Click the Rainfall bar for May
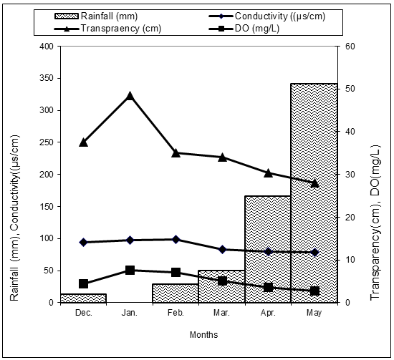(x=314, y=193)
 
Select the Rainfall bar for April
(x=268, y=249)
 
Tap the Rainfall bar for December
(x=83, y=298)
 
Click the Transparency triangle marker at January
(x=130, y=96)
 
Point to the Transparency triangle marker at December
(x=83, y=142)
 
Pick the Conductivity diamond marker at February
(x=176, y=240)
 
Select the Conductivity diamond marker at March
(x=222, y=250)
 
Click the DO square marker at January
(x=130, y=270)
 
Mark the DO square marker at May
(x=314, y=291)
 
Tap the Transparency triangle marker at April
(x=268, y=173)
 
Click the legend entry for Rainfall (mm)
(x=96, y=16)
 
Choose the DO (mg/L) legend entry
(x=244, y=29)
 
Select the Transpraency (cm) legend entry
(x=107, y=29)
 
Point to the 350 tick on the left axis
(x=47, y=78)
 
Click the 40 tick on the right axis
(x=347, y=132)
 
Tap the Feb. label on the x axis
(x=176, y=313)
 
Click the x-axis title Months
(x=203, y=335)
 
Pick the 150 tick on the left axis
(x=47, y=206)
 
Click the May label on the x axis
(x=314, y=313)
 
